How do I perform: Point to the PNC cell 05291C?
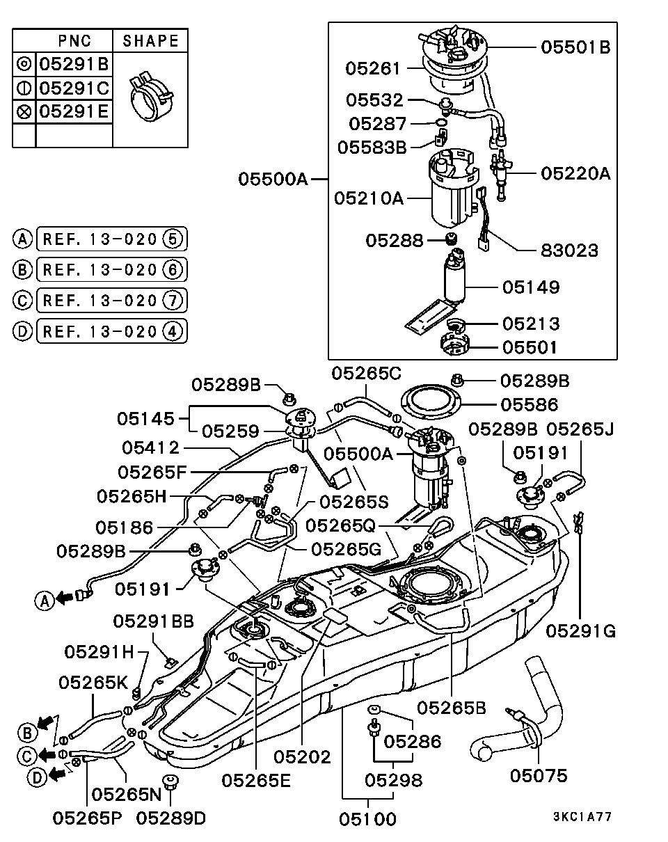click(74, 88)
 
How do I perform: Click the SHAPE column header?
click(150, 41)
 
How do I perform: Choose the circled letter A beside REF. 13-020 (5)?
click(23, 240)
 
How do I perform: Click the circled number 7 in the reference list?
click(172, 300)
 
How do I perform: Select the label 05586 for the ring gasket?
click(533, 404)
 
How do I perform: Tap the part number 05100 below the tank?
click(368, 819)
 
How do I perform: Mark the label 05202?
click(302, 756)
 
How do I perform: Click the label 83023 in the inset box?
click(569, 250)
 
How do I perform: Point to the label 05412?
click(150, 447)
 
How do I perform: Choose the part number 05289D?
click(171, 818)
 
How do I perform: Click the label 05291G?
click(581, 631)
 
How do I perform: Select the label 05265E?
click(256, 780)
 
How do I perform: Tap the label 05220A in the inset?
click(575, 173)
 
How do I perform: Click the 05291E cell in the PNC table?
click(74, 111)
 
